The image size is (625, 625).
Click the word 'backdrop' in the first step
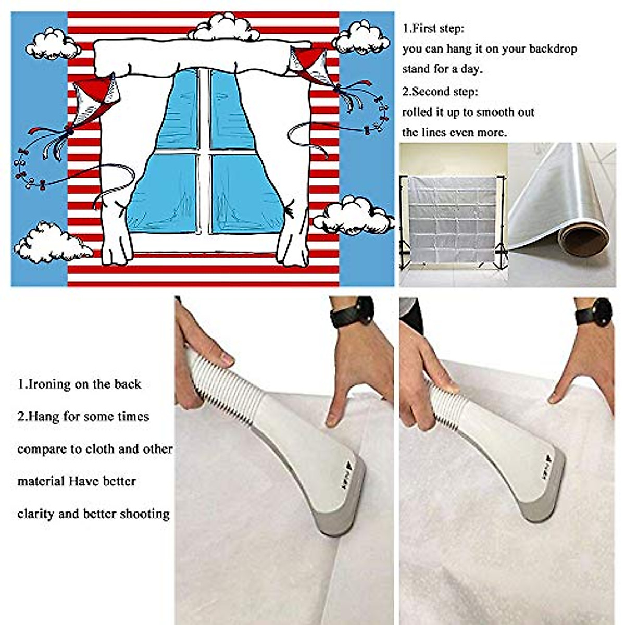tap(552, 49)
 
